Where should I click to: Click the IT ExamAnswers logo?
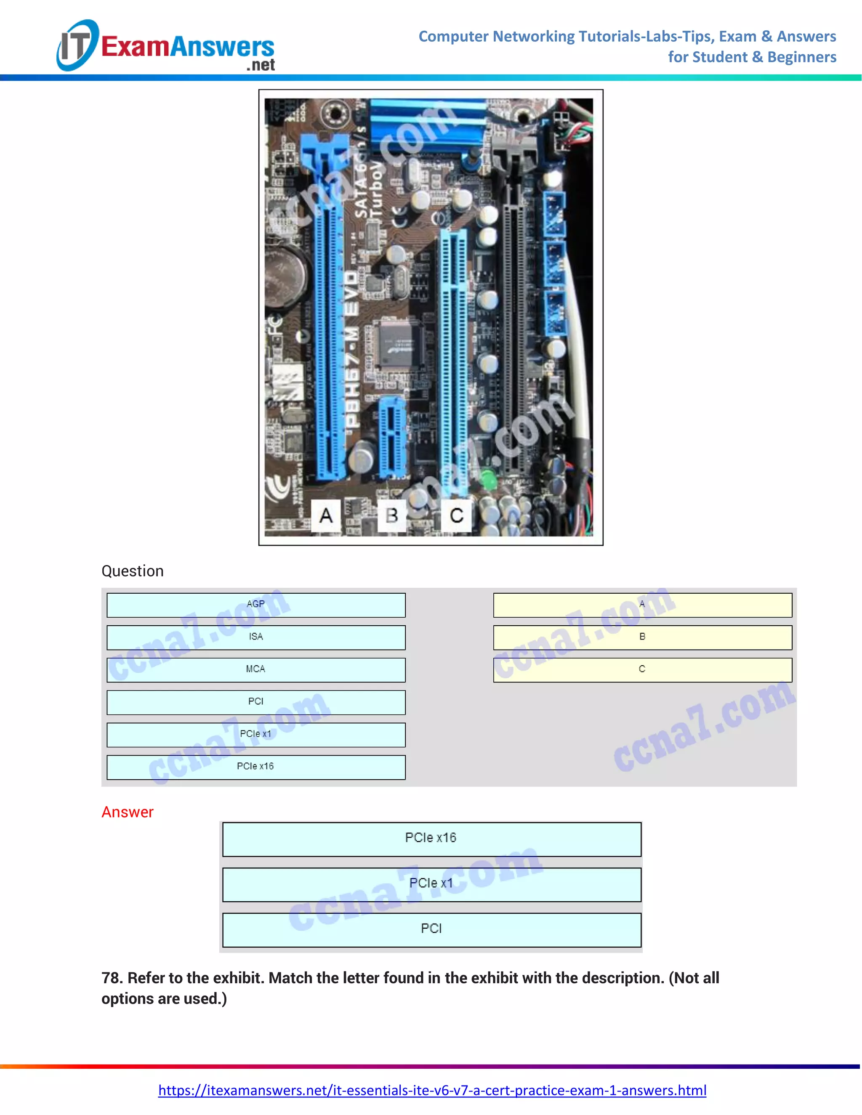click(166, 46)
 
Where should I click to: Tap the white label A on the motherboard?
click(326, 516)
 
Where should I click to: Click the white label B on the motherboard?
click(392, 516)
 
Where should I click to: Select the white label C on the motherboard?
click(457, 516)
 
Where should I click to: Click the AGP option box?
click(256, 605)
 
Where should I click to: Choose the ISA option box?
click(256, 637)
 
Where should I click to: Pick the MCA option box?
click(256, 669)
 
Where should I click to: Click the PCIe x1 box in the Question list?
click(256, 734)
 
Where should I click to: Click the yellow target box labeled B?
click(642, 637)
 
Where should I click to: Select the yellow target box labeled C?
click(642, 669)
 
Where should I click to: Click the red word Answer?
click(127, 812)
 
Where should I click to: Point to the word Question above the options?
click(132, 571)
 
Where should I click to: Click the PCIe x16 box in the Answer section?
click(431, 839)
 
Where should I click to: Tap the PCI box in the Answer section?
click(431, 930)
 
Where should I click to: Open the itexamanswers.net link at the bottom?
click(432, 1090)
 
